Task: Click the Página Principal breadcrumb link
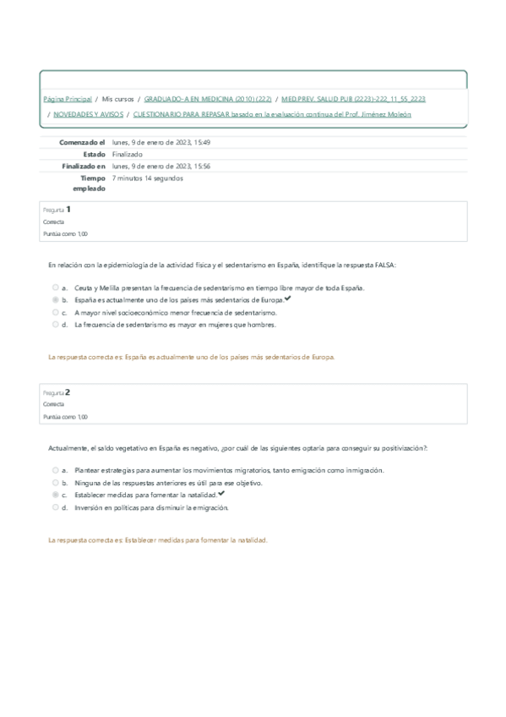point(67,99)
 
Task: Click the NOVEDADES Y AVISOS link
point(88,114)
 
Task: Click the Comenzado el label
point(82,143)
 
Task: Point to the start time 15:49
point(201,143)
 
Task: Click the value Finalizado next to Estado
point(127,155)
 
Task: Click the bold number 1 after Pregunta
point(68,209)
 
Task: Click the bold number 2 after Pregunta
point(68,391)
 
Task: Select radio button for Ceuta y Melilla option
point(56,288)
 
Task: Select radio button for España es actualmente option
point(56,300)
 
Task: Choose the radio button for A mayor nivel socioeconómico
point(56,312)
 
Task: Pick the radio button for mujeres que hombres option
point(56,324)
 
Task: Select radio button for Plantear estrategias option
point(56,471)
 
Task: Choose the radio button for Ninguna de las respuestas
point(56,483)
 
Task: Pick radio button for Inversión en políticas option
point(56,508)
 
